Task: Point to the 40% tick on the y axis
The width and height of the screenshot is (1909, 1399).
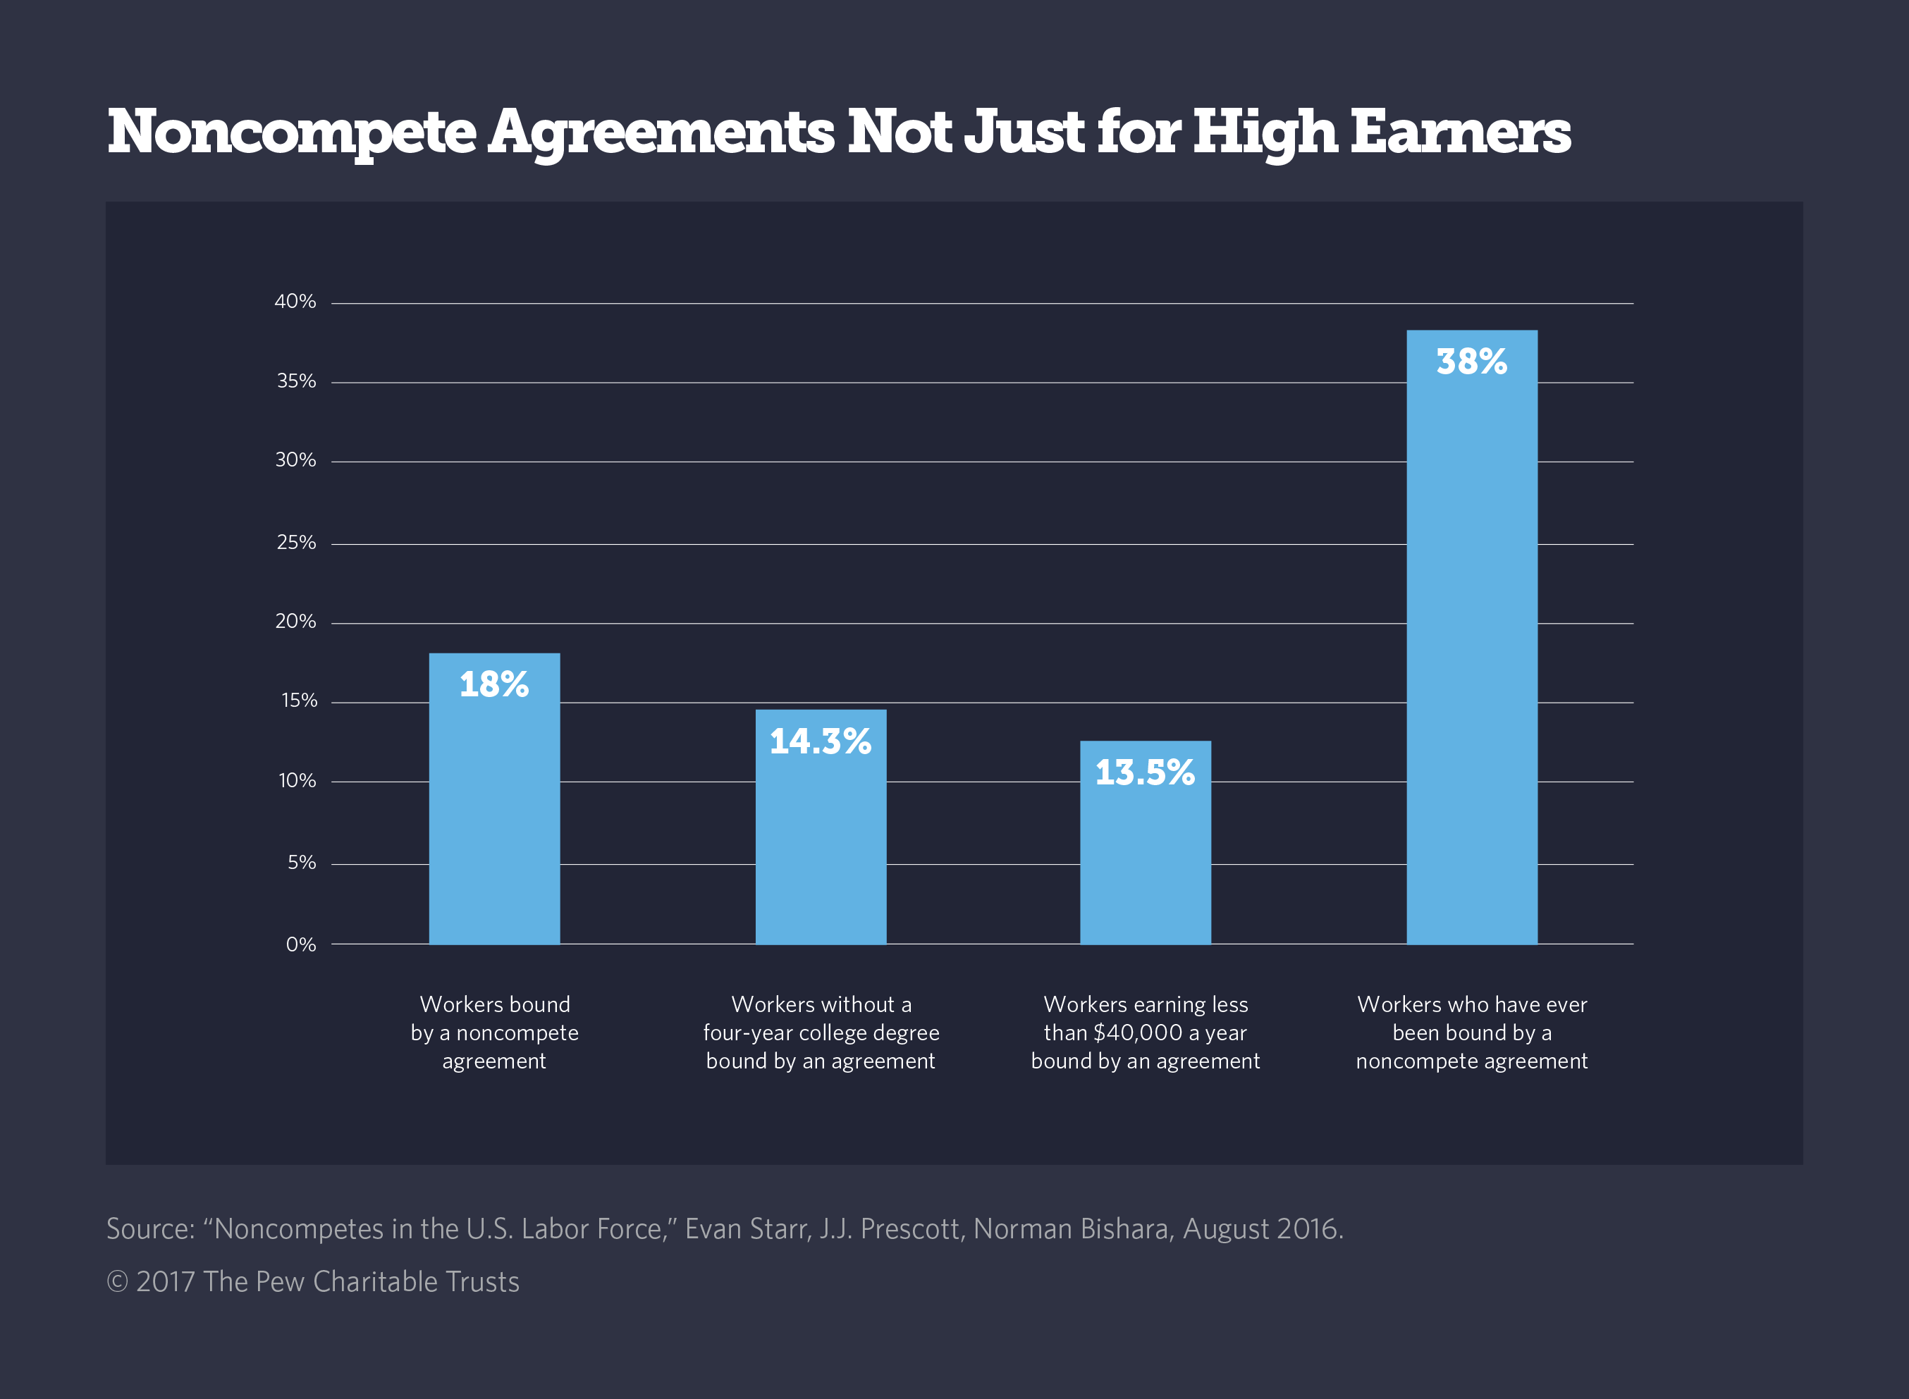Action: (295, 302)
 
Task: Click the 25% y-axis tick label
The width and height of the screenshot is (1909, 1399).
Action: (295, 542)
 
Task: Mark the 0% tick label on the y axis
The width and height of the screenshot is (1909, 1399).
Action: (301, 944)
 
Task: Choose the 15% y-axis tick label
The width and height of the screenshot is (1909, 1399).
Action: (299, 701)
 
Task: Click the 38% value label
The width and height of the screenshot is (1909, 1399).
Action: (1471, 362)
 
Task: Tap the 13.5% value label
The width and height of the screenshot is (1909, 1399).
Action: (1145, 772)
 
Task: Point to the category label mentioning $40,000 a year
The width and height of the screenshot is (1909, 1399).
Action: (1145, 1033)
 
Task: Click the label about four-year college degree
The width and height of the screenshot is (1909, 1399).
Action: (821, 1033)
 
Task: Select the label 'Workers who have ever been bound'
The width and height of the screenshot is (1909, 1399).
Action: (1471, 1033)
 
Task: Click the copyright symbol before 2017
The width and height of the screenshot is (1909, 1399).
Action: (117, 1282)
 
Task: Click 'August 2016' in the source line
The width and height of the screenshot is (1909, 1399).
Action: (1262, 1228)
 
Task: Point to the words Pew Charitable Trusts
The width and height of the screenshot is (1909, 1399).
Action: (387, 1282)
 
